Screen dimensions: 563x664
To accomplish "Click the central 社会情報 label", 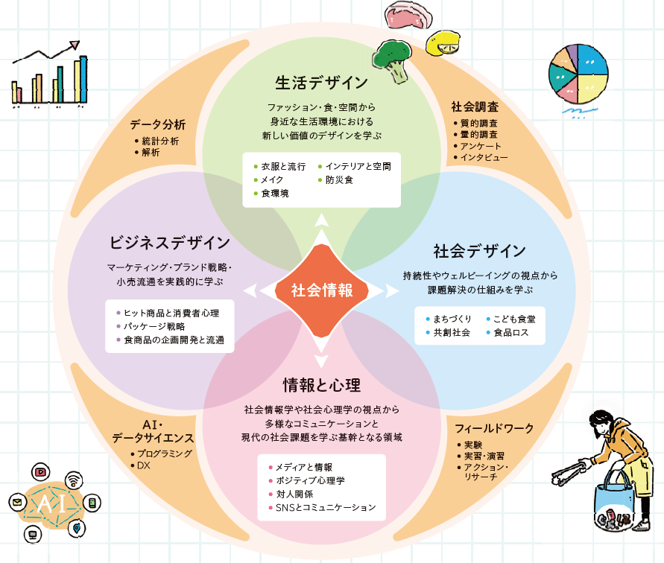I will [321, 290].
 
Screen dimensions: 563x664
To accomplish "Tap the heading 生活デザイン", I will [321, 82].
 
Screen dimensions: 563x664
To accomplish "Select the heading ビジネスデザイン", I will [169, 243].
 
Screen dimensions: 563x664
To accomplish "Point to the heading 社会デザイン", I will [479, 250].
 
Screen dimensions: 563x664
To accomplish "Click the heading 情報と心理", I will [321, 385].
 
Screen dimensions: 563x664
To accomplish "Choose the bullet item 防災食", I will [339, 179].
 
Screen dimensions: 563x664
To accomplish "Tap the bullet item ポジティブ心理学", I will [310, 480].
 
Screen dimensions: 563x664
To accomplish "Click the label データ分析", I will [157, 124].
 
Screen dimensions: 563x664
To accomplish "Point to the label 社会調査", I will [475, 107].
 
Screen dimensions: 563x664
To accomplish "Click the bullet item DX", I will [144, 465].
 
